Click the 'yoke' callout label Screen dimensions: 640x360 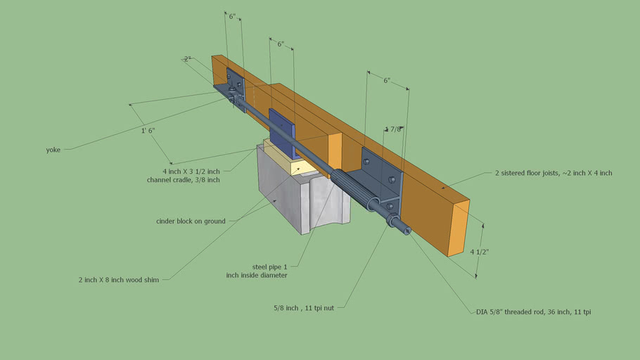coord(53,150)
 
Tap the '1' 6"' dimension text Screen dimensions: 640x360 coord(148,131)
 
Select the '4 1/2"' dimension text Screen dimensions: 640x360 coord(479,252)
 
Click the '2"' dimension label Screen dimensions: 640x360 coord(187,59)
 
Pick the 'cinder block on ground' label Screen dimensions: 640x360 coord(191,221)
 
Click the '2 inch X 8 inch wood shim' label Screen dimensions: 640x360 coord(119,280)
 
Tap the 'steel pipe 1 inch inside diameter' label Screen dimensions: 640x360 coord(257,271)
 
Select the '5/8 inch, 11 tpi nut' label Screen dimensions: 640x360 coord(304,308)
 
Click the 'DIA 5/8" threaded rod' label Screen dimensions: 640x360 coord(534,312)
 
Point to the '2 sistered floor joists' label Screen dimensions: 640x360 coord(553,173)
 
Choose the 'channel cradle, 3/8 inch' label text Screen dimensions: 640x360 coord(184,179)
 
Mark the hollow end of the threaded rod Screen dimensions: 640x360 coord(407,231)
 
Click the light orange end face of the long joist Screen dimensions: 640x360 coord(459,228)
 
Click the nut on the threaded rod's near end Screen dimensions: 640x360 coord(392,219)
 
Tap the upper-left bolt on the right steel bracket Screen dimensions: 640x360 coord(366,161)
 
